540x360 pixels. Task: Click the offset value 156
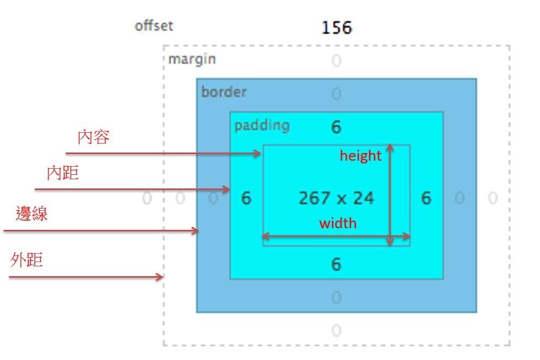click(x=336, y=27)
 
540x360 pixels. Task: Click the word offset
click(x=154, y=26)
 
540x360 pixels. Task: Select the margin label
click(x=192, y=59)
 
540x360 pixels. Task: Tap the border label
click(x=224, y=91)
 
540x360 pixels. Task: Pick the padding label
click(x=262, y=125)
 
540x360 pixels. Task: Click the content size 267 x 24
click(x=336, y=198)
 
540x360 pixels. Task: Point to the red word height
click(x=360, y=156)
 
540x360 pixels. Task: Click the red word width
click(x=338, y=223)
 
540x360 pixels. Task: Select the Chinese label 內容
click(x=94, y=137)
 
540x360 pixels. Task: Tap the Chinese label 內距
click(x=63, y=173)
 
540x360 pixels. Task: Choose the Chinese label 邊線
click(x=32, y=213)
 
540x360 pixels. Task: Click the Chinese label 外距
click(x=27, y=260)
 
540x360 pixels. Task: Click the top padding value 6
click(x=336, y=127)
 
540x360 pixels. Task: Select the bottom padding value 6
click(x=336, y=265)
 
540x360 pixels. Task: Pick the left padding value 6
click(x=246, y=198)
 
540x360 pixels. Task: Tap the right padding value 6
click(x=426, y=198)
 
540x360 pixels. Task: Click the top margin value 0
click(x=336, y=60)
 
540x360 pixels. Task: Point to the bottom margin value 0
click(x=336, y=331)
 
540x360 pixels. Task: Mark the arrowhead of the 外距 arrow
click(x=160, y=277)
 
